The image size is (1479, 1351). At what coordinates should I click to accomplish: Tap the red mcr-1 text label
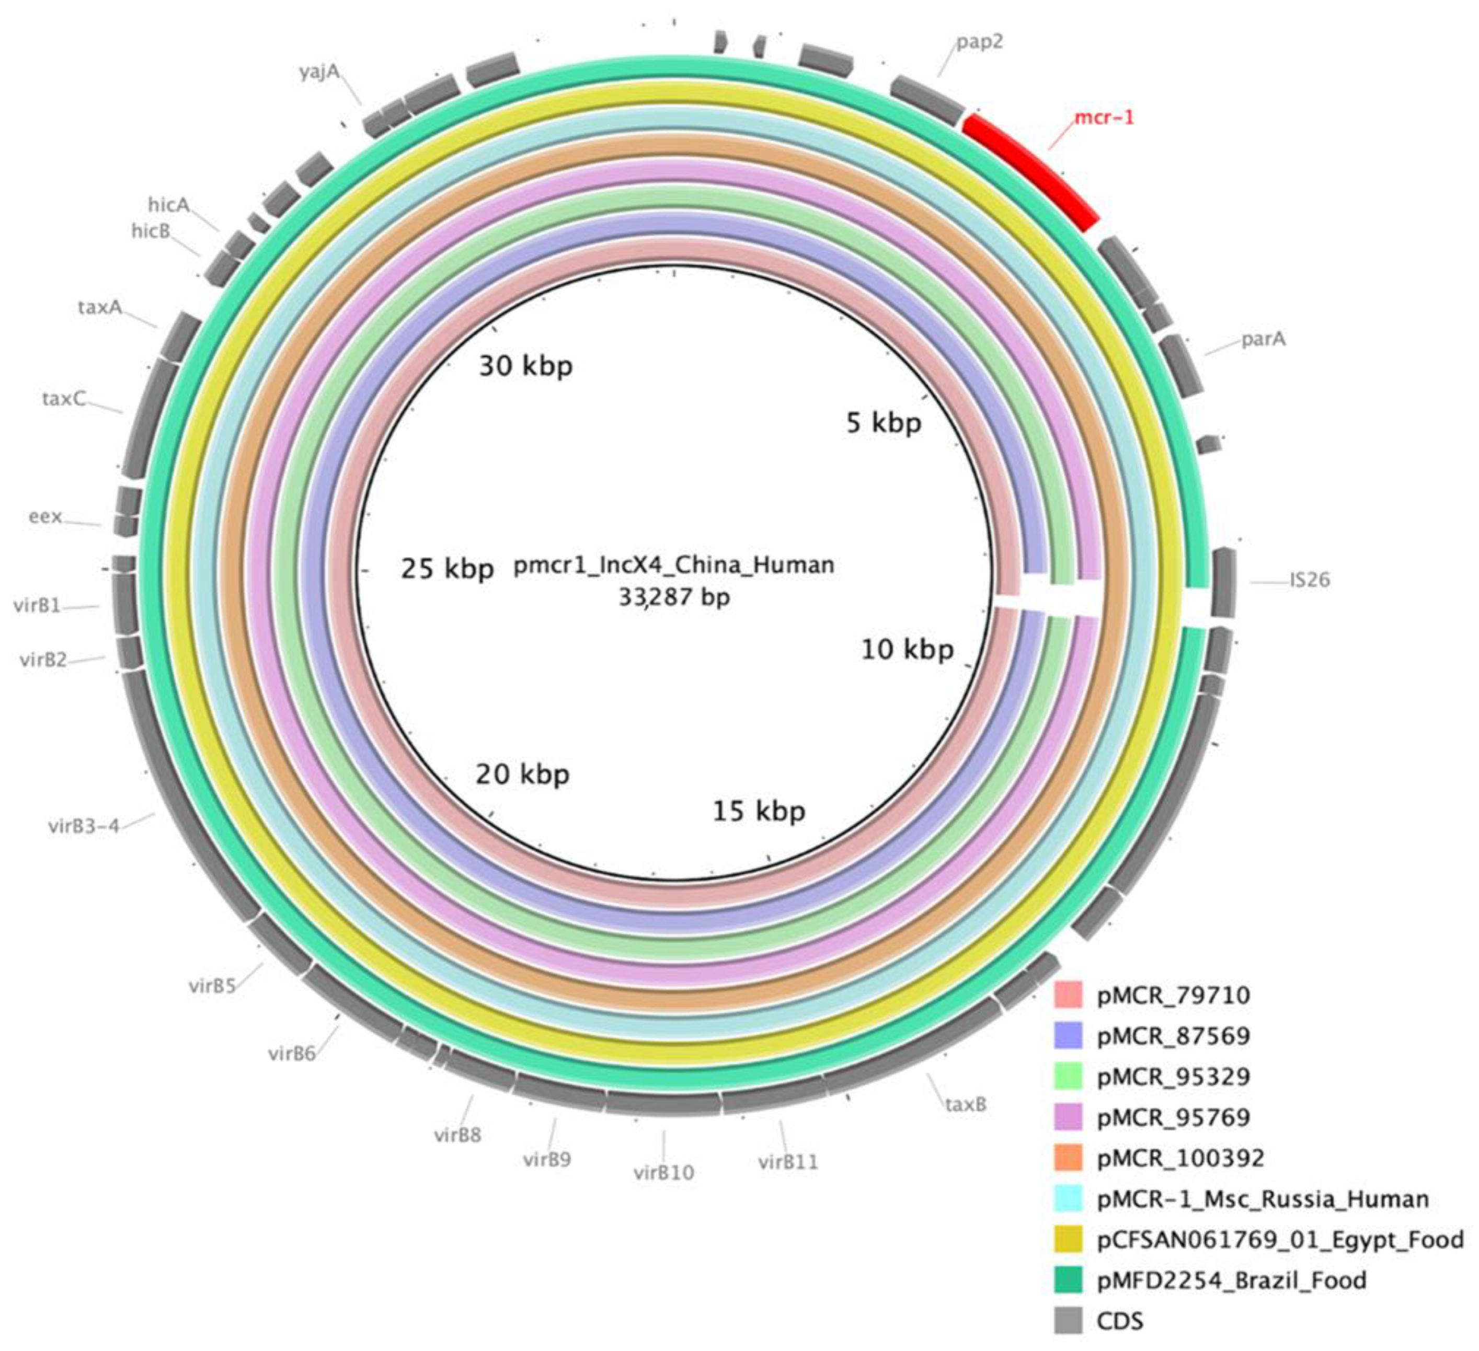pos(1104,118)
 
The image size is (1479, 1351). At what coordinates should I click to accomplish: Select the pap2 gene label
pos(979,42)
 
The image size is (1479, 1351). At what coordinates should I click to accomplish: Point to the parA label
pos(1263,340)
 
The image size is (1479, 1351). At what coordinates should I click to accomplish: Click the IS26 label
pos(1310,580)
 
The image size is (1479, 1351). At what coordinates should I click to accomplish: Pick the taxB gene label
pos(966,1104)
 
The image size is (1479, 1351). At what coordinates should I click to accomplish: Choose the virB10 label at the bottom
pos(663,1172)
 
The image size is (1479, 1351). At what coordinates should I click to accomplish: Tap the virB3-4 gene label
pos(84,827)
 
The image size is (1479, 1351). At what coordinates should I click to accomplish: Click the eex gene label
pos(45,517)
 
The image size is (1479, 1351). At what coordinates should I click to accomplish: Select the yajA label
pos(319,73)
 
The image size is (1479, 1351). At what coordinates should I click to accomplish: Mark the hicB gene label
pos(151,231)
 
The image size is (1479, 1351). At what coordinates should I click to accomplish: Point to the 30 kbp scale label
pos(525,366)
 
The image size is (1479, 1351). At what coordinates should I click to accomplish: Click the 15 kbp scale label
pos(759,811)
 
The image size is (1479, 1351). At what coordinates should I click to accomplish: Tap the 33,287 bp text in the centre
pos(673,598)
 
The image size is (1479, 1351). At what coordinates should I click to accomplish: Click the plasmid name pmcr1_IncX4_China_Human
pos(673,565)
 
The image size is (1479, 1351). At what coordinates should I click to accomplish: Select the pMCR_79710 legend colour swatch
pos(1068,995)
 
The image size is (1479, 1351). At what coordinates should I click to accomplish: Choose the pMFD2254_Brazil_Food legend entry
pos(1231,1280)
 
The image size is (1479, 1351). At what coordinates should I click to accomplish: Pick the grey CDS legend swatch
pos(1068,1321)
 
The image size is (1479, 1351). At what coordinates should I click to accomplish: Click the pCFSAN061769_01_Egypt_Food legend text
pos(1279,1240)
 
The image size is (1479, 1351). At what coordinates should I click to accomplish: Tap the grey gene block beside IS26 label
pos(1223,583)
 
